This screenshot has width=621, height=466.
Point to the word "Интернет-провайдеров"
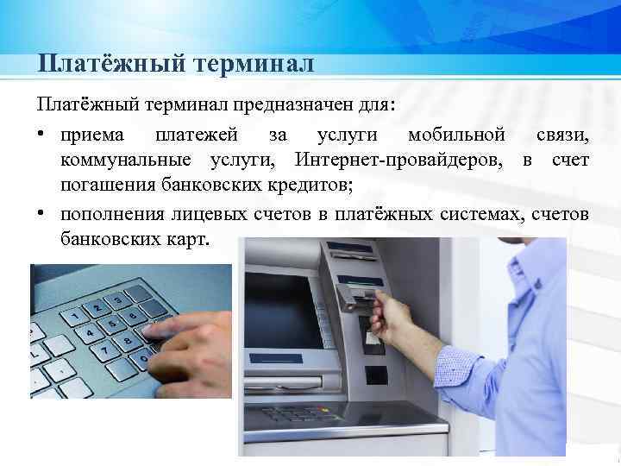click(401, 160)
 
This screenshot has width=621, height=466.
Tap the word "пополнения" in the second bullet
click(111, 212)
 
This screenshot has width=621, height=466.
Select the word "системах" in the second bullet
click(482, 212)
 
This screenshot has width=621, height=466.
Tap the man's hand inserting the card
click(392, 316)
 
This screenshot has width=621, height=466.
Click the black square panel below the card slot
click(374, 375)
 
